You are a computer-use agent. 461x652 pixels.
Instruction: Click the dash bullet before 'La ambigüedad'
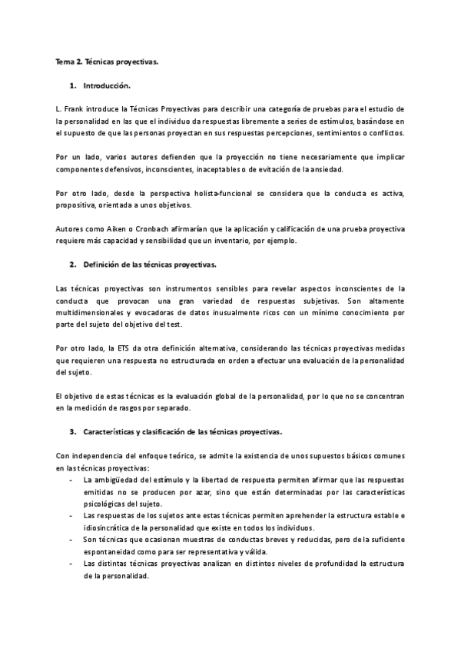pos(71,480)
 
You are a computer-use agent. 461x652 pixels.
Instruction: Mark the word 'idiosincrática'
pos(108,528)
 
